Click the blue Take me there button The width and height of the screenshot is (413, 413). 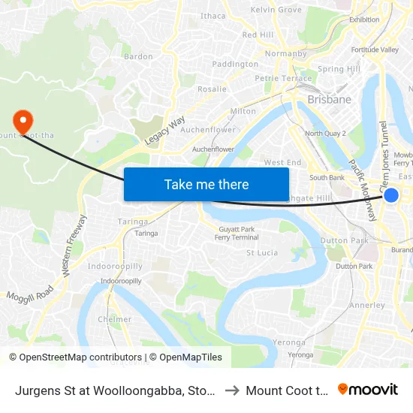coord(206,184)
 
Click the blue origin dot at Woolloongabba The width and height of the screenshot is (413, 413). coord(391,195)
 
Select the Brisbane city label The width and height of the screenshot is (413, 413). coord(329,99)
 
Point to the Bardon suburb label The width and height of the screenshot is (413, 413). coord(138,56)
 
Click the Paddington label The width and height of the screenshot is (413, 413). coord(235,65)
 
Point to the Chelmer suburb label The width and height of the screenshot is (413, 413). coord(114,319)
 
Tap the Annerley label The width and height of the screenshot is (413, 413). coord(368,306)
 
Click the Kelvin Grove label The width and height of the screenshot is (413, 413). coord(276,10)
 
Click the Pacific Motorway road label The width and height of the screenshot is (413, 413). coord(362,191)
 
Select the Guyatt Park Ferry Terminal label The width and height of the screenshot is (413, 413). coord(237,233)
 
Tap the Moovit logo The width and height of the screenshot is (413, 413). coord(368,389)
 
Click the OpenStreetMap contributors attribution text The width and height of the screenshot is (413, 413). coord(75,357)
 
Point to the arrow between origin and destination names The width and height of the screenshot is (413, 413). coord(233,390)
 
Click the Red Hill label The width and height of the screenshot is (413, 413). coord(258,35)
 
